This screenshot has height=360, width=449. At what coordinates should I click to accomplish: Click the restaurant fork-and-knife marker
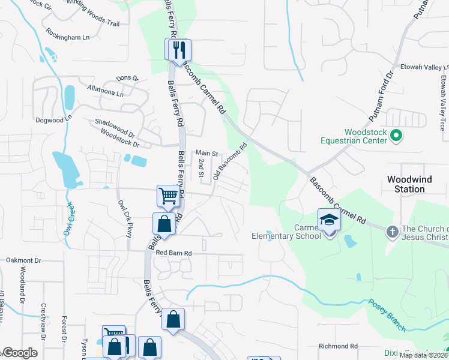point(178,49)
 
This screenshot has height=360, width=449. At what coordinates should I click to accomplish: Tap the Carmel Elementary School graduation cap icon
point(329,220)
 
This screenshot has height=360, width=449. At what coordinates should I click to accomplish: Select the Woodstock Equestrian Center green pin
point(396,137)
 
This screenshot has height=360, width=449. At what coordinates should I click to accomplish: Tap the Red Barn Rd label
point(173,253)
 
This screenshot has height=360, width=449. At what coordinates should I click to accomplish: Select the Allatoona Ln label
point(105,91)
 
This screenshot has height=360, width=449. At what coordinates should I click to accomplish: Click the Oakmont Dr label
point(23,260)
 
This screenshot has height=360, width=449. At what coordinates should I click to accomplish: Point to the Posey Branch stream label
point(388,315)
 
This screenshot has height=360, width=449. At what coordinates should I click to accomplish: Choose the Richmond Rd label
point(338,346)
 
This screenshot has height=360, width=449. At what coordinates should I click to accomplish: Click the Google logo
point(19,353)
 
